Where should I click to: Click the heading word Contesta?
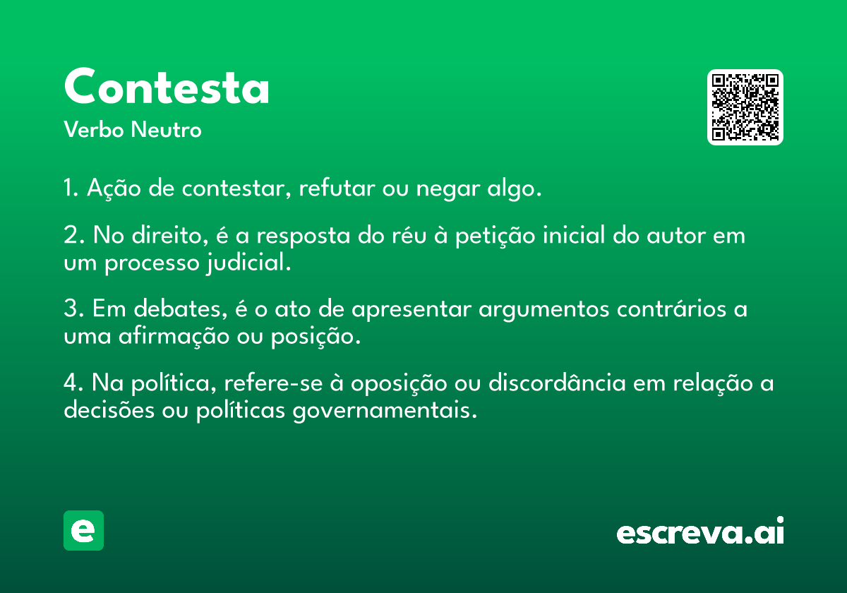click(167, 88)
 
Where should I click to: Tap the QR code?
click(745, 107)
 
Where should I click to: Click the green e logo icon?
click(83, 530)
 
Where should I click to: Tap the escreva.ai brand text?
click(700, 532)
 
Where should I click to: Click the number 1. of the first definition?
click(71, 189)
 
